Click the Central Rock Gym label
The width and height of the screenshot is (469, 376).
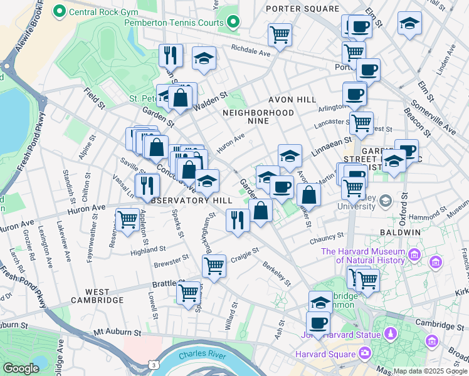coord(95,11)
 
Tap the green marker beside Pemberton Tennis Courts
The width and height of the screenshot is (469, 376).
coord(233,23)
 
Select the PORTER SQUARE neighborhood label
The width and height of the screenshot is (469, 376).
coord(302,9)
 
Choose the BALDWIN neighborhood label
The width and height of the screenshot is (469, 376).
coord(400,232)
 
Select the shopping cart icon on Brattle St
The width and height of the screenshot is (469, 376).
coord(188,293)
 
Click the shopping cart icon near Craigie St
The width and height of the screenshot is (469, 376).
coord(214,266)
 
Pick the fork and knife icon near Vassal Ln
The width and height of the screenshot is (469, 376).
coord(147,184)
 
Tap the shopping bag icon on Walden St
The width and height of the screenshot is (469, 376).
coord(181,98)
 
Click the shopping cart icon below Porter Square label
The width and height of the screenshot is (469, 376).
coord(354,52)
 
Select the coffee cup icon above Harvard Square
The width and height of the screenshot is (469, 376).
coord(319,323)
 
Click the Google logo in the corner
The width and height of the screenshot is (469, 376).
coord(21,368)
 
